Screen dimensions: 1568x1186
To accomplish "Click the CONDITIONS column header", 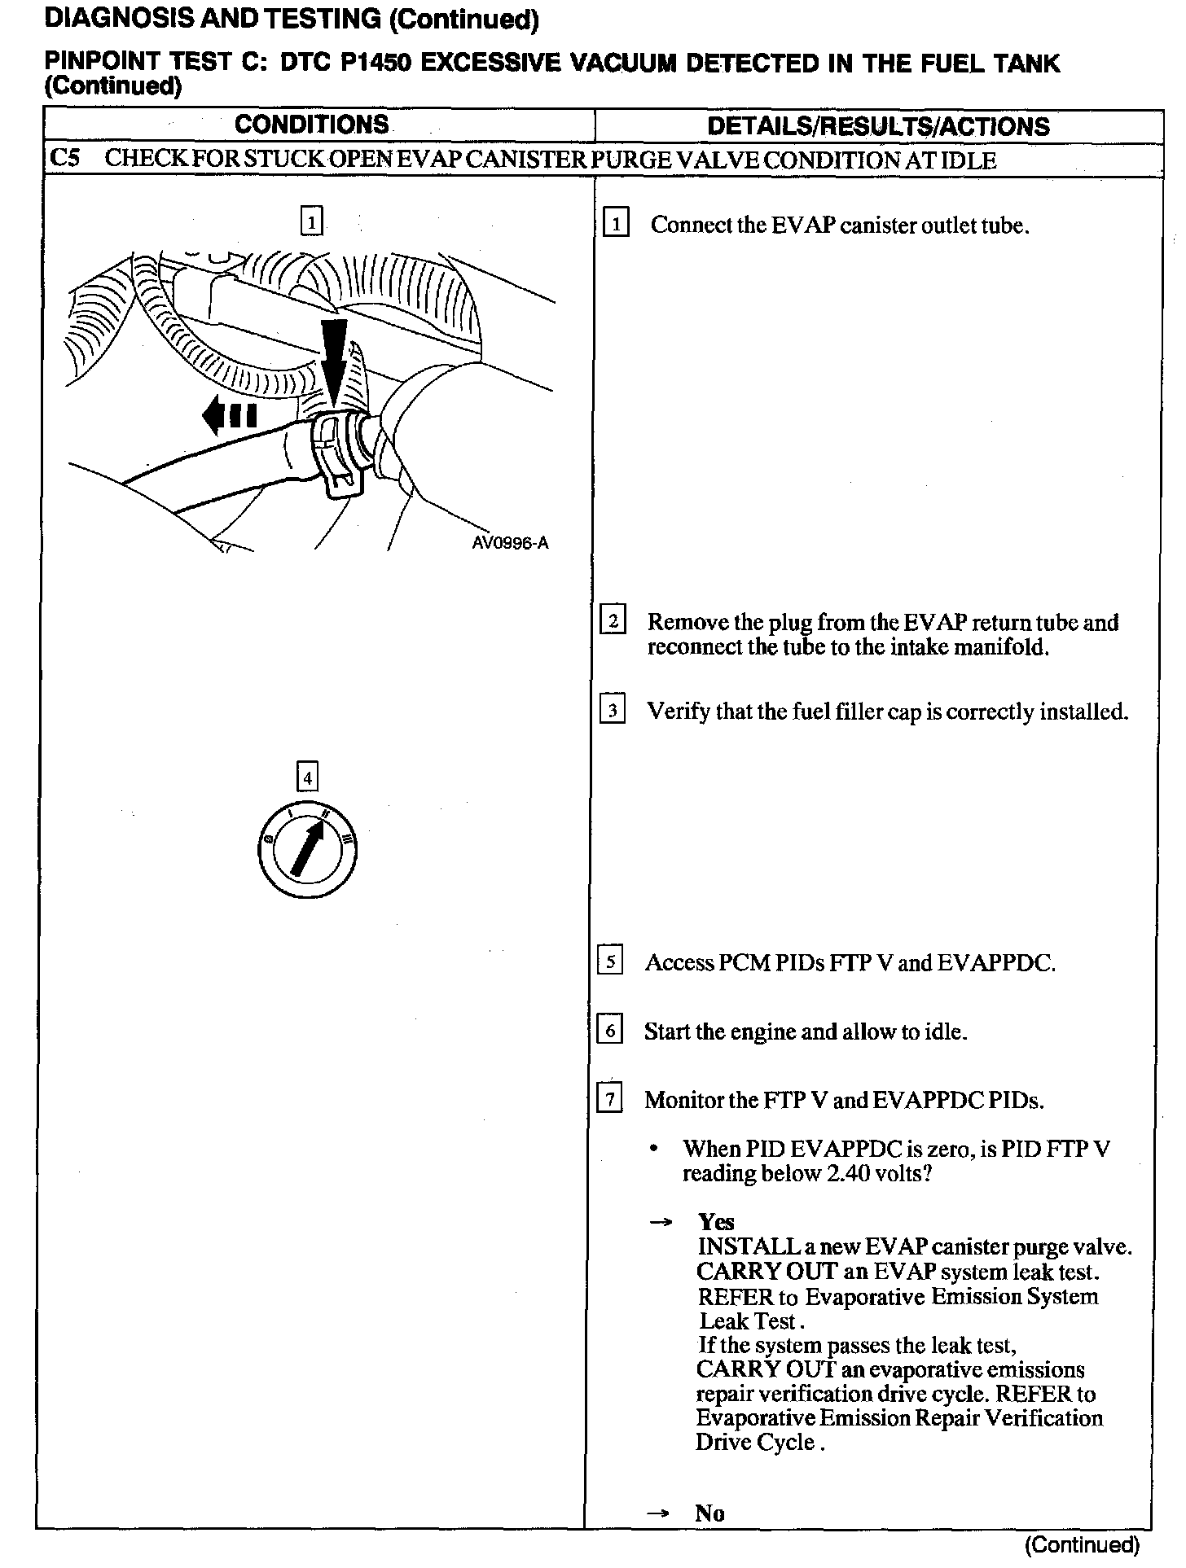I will (312, 125).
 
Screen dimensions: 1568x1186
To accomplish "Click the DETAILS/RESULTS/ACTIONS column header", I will (878, 126).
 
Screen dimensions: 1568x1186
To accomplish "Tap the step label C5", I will (64, 158).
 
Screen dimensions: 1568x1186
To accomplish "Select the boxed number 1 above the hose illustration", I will (311, 221).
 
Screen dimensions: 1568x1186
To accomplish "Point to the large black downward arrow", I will (334, 358).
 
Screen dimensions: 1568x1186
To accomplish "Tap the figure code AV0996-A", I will (510, 543).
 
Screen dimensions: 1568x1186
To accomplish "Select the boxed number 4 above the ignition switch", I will (307, 777).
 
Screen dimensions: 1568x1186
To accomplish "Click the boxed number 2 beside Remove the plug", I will (613, 620).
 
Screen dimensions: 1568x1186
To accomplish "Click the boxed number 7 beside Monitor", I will (610, 1099).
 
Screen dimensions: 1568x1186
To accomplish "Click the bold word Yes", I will (716, 1221).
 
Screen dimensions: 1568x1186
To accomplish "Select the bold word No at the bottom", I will (709, 1513).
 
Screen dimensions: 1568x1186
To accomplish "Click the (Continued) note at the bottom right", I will (1083, 1545).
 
